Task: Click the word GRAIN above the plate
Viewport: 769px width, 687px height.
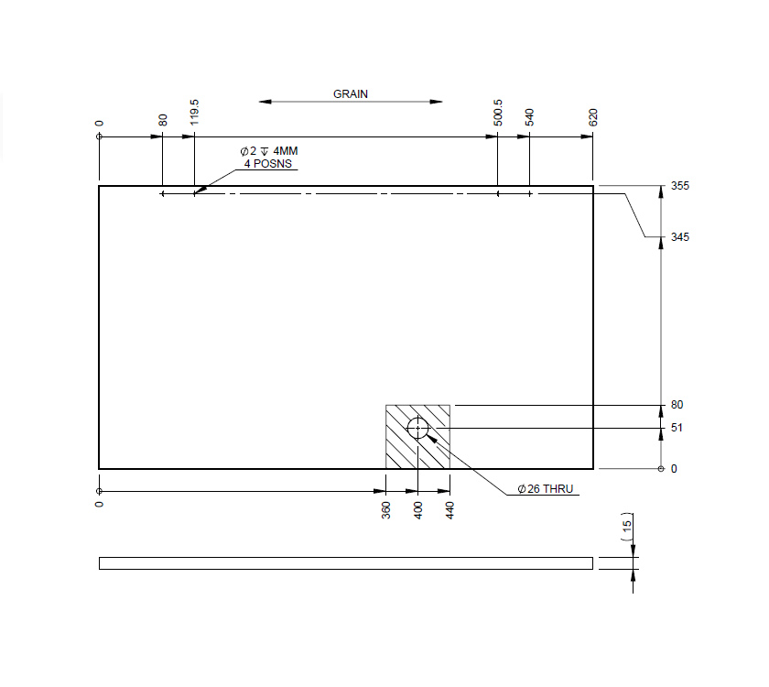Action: click(351, 93)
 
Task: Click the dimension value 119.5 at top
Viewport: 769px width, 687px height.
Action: click(194, 113)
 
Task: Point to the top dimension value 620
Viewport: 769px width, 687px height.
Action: click(593, 116)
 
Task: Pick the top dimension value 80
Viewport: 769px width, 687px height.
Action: click(163, 119)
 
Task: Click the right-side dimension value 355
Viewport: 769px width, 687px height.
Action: click(679, 186)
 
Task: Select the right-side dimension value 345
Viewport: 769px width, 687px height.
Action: click(679, 237)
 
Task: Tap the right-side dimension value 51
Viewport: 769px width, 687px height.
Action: click(677, 428)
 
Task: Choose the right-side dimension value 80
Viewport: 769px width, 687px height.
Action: click(677, 405)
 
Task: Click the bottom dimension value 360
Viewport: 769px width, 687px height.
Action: click(385, 509)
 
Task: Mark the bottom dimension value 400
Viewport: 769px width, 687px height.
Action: click(418, 509)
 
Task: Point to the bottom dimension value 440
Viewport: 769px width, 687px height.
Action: click(450, 509)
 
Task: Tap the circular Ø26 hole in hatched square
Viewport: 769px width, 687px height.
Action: click(418, 428)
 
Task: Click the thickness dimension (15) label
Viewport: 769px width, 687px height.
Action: click(627, 527)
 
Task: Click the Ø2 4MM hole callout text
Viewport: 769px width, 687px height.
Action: click(268, 151)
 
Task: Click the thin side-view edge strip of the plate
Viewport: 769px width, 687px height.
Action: click(346, 563)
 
